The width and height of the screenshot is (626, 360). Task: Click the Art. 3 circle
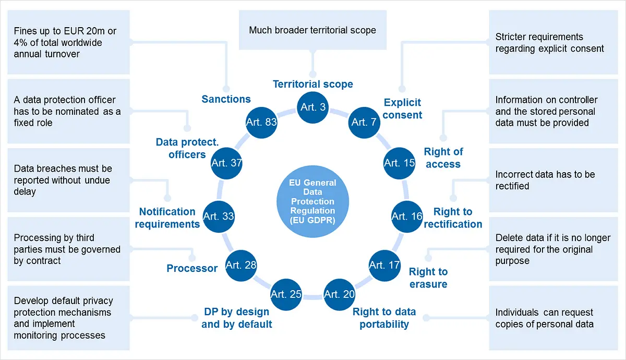tap(312, 107)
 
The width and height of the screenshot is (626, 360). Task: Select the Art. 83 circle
tap(261, 123)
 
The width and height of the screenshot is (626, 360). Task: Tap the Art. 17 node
tap(384, 265)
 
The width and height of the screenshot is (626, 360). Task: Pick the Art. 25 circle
tap(286, 294)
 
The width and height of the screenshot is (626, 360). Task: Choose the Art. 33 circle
tap(219, 217)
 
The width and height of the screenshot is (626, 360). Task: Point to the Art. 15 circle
tap(400, 163)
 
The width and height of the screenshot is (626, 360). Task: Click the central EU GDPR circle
tap(312, 201)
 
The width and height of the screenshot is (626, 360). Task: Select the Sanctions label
tap(226, 99)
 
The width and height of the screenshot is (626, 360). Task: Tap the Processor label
tap(192, 268)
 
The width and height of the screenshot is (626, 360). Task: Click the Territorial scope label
tap(312, 84)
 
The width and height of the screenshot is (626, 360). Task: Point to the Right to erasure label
tap(428, 278)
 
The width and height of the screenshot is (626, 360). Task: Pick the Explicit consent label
tap(402, 109)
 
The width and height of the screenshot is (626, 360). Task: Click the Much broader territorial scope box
tap(312, 30)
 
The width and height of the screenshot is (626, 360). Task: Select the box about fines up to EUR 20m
tap(68, 42)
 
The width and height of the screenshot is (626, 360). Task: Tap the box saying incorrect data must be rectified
tap(553, 180)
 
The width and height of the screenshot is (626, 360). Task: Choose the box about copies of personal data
tap(553, 318)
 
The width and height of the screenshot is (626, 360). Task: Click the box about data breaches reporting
tap(68, 180)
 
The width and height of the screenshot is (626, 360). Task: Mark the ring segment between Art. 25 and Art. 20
tap(312, 297)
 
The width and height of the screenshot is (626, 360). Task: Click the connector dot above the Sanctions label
tap(226, 89)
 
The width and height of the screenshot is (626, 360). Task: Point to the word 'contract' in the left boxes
tap(43, 261)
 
